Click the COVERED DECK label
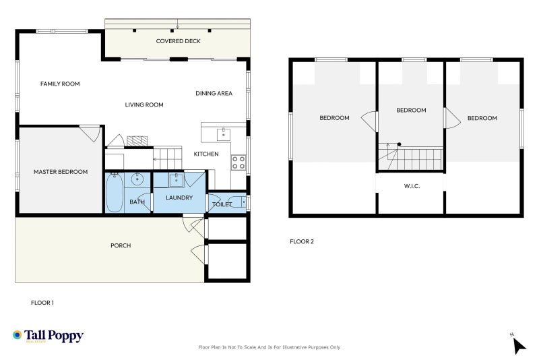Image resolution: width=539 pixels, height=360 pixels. (x=178, y=41)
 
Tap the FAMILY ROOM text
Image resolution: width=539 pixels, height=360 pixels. (x=60, y=84)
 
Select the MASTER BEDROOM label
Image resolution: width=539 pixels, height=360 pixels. (x=61, y=172)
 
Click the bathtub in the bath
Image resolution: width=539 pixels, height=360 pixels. (x=115, y=193)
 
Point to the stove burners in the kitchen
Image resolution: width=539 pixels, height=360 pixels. (x=239, y=162)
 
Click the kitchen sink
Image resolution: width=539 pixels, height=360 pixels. (x=224, y=134)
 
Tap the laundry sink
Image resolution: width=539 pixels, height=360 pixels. (x=176, y=180)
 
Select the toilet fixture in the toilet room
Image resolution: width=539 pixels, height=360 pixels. (x=237, y=202)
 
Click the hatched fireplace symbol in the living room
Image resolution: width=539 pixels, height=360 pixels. (x=137, y=141)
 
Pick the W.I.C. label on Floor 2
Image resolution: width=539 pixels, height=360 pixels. (x=412, y=186)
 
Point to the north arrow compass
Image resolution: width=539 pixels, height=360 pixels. (x=518, y=344)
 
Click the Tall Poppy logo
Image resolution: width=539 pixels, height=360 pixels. (x=48, y=336)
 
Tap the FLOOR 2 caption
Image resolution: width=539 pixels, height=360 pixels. (x=302, y=242)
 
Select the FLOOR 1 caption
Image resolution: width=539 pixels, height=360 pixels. (x=42, y=303)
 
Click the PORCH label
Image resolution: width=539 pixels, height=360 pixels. (x=121, y=245)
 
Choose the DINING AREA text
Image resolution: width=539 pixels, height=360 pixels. (x=214, y=94)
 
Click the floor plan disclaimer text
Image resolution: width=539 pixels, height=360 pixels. (x=269, y=347)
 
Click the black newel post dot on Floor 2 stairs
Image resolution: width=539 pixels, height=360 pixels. (x=399, y=144)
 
